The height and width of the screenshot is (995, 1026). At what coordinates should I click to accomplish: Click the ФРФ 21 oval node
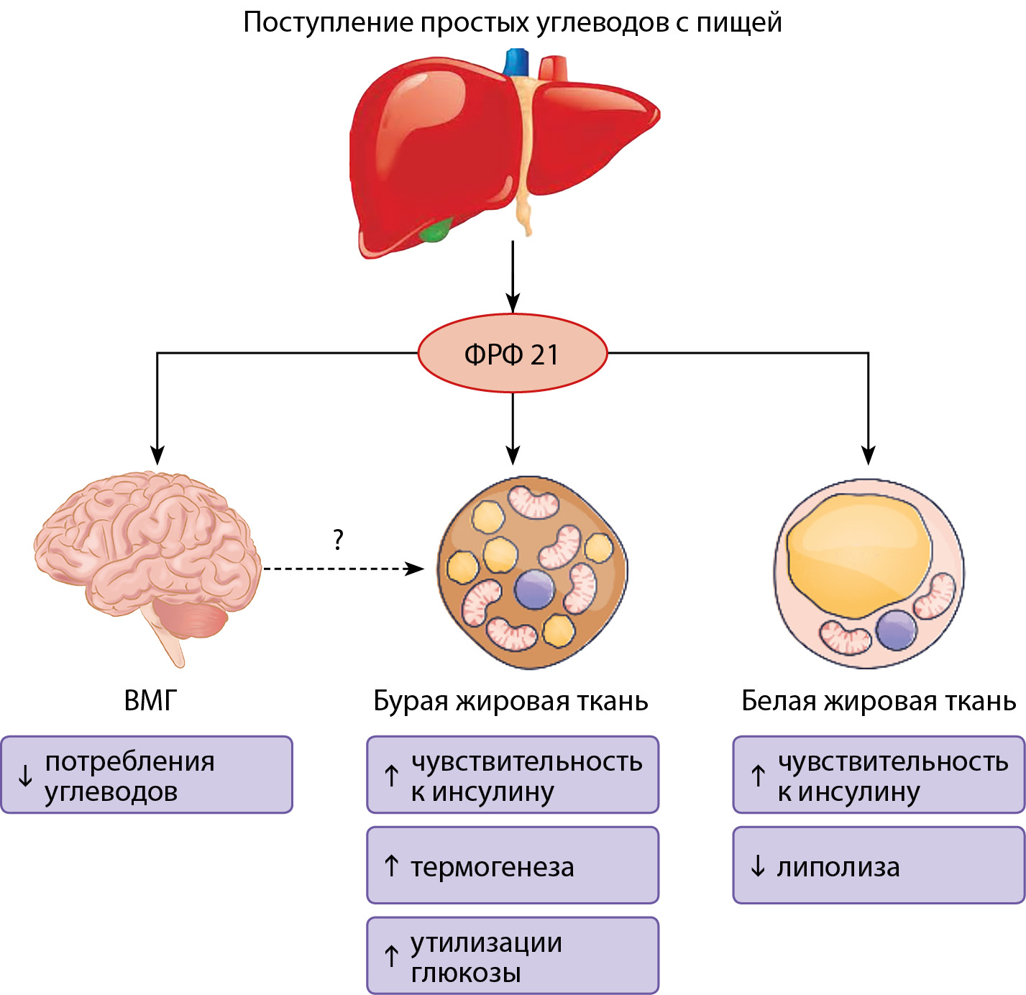(x=512, y=353)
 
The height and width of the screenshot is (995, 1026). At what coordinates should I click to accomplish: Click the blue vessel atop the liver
(x=516, y=63)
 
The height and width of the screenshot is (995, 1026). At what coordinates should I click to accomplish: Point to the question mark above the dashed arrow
(x=339, y=539)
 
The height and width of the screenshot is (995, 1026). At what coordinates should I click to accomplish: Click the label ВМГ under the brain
(x=150, y=700)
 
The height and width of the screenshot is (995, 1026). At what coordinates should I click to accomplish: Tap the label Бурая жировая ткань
(x=510, y=701)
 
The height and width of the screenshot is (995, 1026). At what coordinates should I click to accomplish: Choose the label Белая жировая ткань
(x=879, y=701)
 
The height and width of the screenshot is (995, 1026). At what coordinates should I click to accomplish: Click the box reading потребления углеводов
(x=147, y=775)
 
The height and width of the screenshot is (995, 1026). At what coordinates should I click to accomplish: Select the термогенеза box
(x=513, y=866)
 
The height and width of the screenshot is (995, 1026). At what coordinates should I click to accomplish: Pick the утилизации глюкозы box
(x=513, y=955)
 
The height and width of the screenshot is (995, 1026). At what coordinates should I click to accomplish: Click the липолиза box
(x=879, y=866)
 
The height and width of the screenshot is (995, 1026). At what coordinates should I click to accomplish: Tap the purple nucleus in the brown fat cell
(x=534, y=589)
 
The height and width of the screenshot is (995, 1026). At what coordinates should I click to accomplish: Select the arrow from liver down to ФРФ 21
(x=513, y=277)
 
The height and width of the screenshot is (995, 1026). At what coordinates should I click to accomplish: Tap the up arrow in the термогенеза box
(x=391, y=866)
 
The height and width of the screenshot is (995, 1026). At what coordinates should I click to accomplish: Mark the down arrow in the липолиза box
(x=758, y=866)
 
